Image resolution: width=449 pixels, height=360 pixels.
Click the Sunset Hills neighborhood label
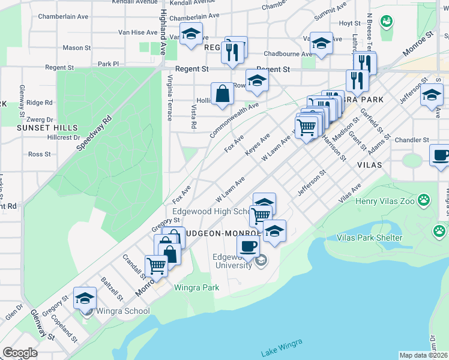[x=47, y=128]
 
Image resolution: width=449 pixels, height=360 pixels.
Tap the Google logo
[x=20, y=353]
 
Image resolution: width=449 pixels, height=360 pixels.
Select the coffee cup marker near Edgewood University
[x=247, y=245]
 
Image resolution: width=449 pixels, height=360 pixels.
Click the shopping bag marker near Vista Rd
[x=222, y=94]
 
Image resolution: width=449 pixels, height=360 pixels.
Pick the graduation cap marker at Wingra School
[x=85, y=298]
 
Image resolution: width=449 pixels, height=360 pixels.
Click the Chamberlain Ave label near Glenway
[x=64, y=17]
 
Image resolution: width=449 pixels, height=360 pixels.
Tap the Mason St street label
[x=76, y=47]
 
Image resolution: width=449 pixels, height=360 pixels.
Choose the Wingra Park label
[x=196, y=287]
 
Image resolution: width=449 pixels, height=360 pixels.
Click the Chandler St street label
[x=411, y=140]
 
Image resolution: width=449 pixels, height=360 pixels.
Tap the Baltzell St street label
[x=112, y=289]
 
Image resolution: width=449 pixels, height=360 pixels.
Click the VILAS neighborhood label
[x=369, y=164]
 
